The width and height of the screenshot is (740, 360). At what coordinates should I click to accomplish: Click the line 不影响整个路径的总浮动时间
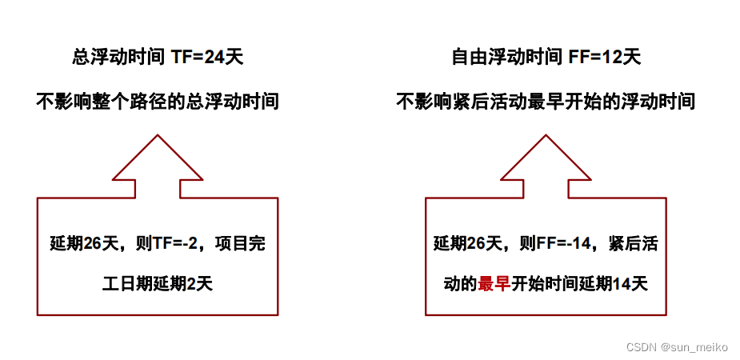[x=158, y=102]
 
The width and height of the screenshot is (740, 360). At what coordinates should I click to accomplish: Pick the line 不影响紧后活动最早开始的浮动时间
[x=546, y=102]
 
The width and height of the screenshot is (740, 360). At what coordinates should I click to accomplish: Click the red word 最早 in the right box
[x=494, y=283]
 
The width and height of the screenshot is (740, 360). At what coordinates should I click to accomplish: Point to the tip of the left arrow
[x=158, y=136]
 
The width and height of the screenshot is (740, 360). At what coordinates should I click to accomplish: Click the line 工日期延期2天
[x=158, y=283]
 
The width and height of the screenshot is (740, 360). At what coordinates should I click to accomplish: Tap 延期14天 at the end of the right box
[x=614, y=283]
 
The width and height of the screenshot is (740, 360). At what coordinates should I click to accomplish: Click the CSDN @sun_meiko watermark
[x=677, y=346]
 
